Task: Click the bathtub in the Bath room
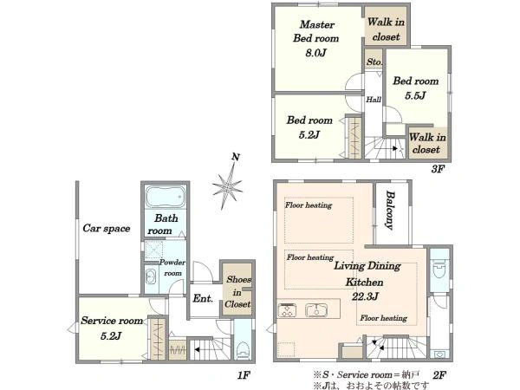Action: (165, 196)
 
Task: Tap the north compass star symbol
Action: (227, 186)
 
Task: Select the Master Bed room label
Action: (316, 31)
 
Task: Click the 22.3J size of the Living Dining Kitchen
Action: (365, 296)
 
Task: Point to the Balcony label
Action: (390, 211)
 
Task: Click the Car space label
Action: (106, 228)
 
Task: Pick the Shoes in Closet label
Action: (237, 292)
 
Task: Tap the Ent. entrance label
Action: (203, 298)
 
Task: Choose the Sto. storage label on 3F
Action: (374, 62)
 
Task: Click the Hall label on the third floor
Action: (374, 100)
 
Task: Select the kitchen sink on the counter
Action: (316, 310)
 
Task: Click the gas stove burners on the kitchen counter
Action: (287, 310)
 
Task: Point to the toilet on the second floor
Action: (439, 269)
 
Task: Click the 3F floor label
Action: (438, 169)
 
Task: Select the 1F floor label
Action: (243, 375)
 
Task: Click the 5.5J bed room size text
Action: (415, 96)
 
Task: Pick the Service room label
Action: (112, 321)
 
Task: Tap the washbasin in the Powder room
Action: (151, 276)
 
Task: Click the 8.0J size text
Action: (315, 53)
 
